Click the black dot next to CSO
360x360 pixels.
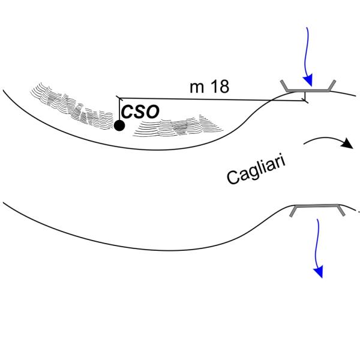119,125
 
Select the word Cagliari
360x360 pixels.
257,168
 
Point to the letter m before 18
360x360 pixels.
198,88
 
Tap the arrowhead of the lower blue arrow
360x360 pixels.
320,272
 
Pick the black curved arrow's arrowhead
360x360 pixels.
347,144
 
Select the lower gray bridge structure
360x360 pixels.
317,206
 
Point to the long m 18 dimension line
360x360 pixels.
210,98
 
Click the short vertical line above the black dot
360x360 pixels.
119,108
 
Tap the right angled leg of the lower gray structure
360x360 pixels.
341,211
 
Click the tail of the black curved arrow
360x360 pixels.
306,143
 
